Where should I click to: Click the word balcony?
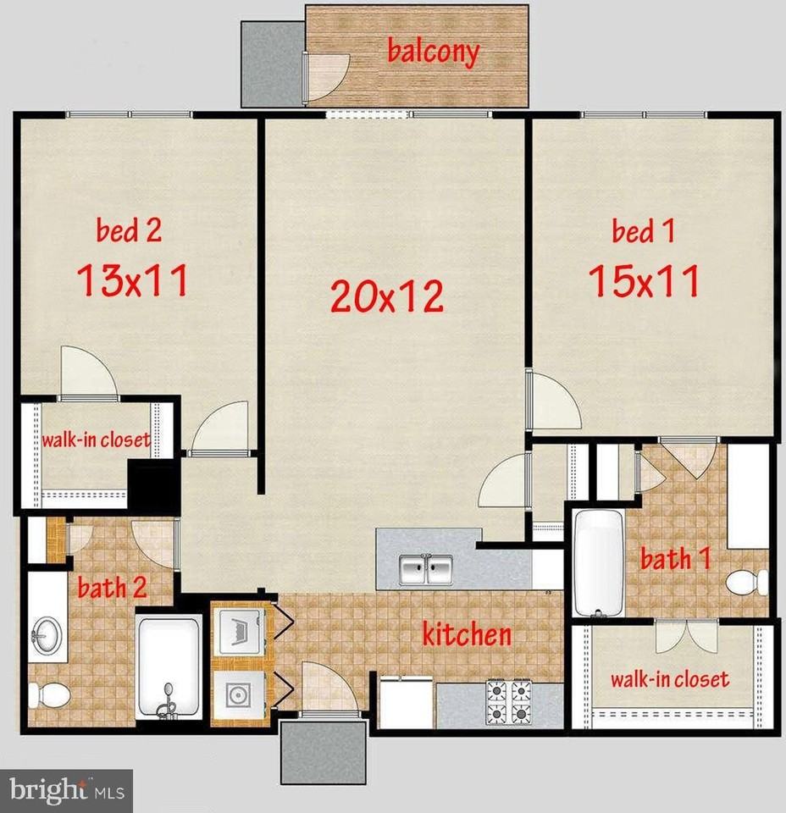point(433,51)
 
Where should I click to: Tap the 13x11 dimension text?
point(132,279)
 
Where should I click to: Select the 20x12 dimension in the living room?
point(387,296)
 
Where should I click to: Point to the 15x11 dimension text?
point(645,280)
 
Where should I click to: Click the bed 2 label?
point(128,230)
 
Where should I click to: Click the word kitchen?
point(467,633)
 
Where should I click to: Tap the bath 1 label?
point(675,558)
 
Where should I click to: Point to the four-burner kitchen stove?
point(508,703)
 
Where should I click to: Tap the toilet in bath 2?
point(49,694)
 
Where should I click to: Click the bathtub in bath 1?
point(595,561)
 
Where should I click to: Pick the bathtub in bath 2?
point(169,667)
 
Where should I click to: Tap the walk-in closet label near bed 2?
point(97,440)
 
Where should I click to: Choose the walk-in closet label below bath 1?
point(670,678)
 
